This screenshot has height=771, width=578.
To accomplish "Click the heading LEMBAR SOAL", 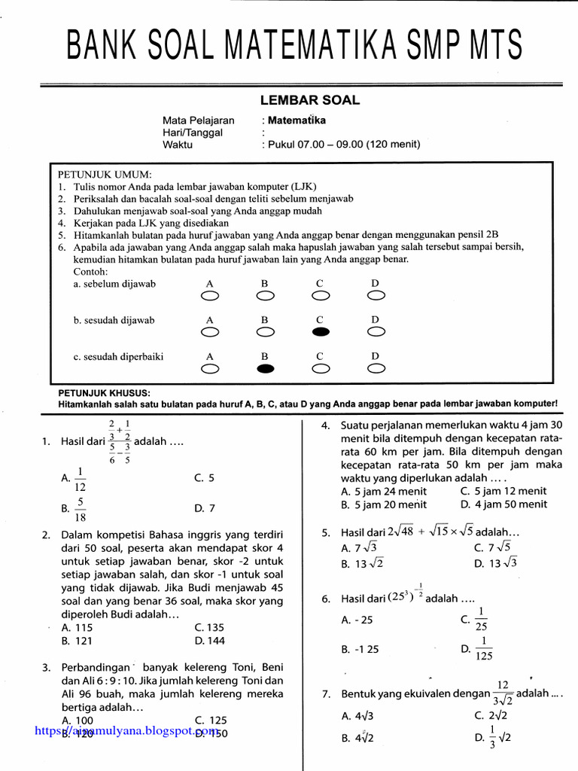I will click(x=309, y=100).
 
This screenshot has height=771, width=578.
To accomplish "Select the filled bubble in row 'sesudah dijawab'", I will click(x=320, y=332).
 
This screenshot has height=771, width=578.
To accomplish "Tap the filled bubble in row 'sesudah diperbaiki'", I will click(x=265, y=369).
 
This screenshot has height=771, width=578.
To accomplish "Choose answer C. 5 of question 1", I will click(x=204, y=477).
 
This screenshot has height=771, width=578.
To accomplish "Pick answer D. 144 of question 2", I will click(x=209, y=641).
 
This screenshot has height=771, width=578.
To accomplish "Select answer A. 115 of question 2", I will click(x=77, y=627).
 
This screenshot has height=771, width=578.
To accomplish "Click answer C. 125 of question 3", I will click(x=210, y=720).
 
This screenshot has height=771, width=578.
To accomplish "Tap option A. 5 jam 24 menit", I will click(x=383, y=491).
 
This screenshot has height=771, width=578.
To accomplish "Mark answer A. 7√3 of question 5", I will click(x=358, y=548).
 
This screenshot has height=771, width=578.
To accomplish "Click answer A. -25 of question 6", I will click(x=357, y=620).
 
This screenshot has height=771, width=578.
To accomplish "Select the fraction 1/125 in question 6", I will click(x=482, y=648).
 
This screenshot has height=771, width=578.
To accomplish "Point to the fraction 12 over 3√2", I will click(x=503, y=693).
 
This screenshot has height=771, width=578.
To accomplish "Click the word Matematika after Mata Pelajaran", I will click(x=294, y=120).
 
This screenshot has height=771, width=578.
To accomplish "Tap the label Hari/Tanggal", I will click(x=193, y=132).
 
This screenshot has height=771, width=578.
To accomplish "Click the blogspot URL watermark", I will click(x=124, y=731).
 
